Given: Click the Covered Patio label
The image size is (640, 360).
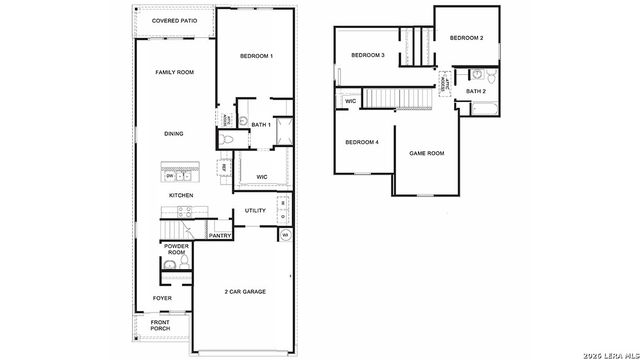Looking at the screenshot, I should click(x=173, y=20).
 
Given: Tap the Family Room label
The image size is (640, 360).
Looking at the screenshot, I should click(x=173, y=73).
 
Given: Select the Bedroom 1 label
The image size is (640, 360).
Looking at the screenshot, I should click(x=256, y=56).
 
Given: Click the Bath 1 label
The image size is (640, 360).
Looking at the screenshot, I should click(x=261, y=125).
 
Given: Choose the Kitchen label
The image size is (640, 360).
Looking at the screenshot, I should click(x=180, y=195).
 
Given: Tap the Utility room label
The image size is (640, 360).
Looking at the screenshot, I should click(x=256, y=211).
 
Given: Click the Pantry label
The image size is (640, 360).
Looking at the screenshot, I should click(x=220, y=236).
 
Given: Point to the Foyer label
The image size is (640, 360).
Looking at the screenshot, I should click(x=162, y=298).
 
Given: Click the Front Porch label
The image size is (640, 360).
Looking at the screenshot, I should click(x=161, y=327).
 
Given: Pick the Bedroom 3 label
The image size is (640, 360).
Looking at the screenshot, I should click(x=368, y=54).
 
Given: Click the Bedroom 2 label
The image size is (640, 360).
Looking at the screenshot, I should click(x=466, y=38).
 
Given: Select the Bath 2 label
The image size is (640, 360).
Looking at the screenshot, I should click(x=476, y=92).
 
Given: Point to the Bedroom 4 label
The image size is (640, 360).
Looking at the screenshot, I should click(x=362, y=142).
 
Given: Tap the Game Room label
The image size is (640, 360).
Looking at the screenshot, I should click(x=427, y=153).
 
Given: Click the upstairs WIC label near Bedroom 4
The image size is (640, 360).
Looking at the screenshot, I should click(x=351, y=101).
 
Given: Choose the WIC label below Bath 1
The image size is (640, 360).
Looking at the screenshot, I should click(x=262, y=176).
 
